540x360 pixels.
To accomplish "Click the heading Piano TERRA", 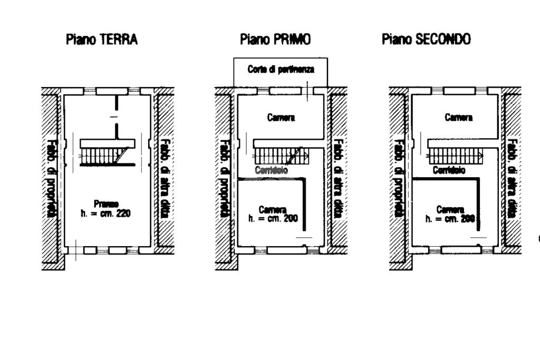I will (102, 40).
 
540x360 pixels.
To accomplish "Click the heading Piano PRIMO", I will (275, 40).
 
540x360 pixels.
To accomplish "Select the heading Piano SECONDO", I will (426, 40).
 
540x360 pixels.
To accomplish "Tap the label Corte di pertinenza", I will (281, 70).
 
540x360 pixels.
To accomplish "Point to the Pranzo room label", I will (105, 203).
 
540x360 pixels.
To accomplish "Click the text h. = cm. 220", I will (105, 213).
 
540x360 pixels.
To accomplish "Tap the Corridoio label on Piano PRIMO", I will (271, 171).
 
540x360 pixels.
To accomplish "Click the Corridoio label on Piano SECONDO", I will (449, 171).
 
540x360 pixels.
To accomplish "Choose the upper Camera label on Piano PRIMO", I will (281, 118).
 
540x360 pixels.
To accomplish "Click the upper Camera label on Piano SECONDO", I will (458, 118).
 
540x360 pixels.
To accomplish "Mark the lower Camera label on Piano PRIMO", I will (273, 209).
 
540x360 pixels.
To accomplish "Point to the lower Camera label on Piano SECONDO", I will (450, 209).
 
